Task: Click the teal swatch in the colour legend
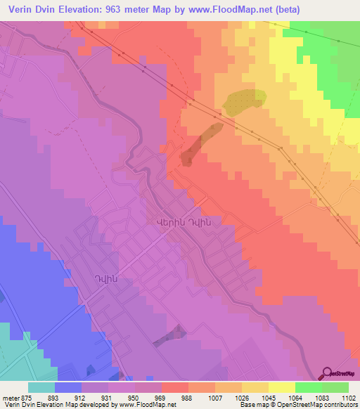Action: [x=41, y=387]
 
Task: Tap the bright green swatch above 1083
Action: [x=309, y=387]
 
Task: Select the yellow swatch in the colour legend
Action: [x=282, y=387]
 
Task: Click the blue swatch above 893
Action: [x=68, y=387]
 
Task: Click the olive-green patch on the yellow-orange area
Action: [x=244, y=101]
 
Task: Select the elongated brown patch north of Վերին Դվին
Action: [x=200, y=143]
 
